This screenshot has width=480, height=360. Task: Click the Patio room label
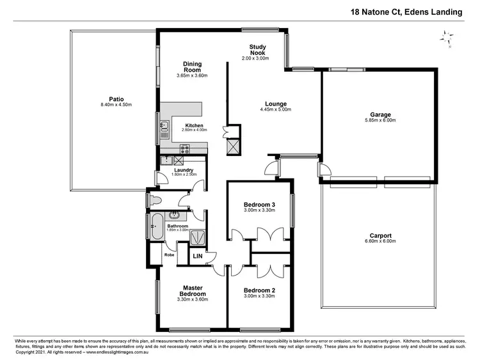(116, 98)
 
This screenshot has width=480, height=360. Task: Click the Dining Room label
(192, 67)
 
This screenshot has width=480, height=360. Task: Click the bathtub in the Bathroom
(156, 226)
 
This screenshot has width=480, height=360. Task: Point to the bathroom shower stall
(198, 236)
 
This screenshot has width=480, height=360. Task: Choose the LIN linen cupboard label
(198, 257)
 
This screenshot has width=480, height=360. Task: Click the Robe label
(169, 254)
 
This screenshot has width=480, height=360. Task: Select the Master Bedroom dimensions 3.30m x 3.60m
(193, 299)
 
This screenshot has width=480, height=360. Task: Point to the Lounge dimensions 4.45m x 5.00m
(276, 109)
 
